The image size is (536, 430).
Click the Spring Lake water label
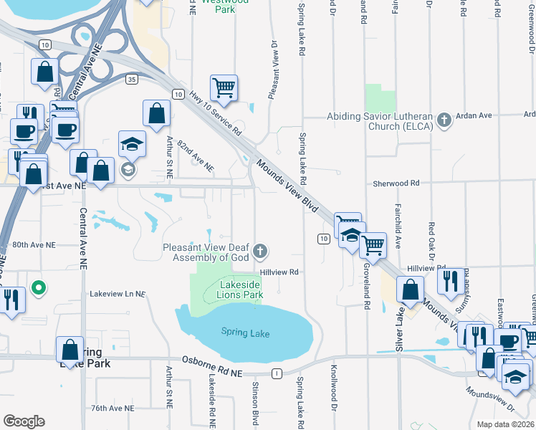pos(244,332)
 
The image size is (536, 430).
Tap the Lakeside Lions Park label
pos(239,289)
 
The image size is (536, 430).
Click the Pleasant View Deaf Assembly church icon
pos(260,251)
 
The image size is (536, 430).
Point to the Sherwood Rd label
pos(396,183)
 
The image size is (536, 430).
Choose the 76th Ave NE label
pos(113,408)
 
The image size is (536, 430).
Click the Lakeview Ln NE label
pos(117,294)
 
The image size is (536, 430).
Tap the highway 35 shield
pos(131,78)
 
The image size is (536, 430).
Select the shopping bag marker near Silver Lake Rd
pos(411,290)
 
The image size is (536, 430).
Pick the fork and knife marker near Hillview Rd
pos(450,281)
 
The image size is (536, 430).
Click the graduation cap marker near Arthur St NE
pos(133,144)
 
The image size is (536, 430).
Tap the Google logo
pos(24,421)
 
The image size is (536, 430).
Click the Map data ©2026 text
pos(505,424)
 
